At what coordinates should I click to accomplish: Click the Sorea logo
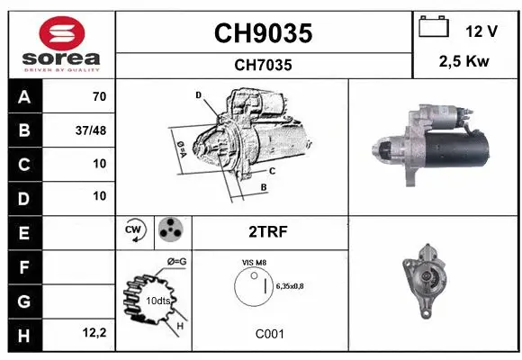[60, 45]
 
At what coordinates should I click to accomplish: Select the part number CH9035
[262, 33]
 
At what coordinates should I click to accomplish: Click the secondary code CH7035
[262, 65]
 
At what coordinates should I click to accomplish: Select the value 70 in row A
[99, 96]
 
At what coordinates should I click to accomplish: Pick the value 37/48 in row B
[93, 130]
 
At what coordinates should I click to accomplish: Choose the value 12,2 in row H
[95, 334]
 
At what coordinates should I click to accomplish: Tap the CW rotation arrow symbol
[135, 231]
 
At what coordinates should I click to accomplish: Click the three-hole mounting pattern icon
[169, 231]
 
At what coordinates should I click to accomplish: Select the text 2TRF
[268, 231]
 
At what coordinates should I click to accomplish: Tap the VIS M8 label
[255, 262]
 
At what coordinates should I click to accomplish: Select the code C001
[269, 334]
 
